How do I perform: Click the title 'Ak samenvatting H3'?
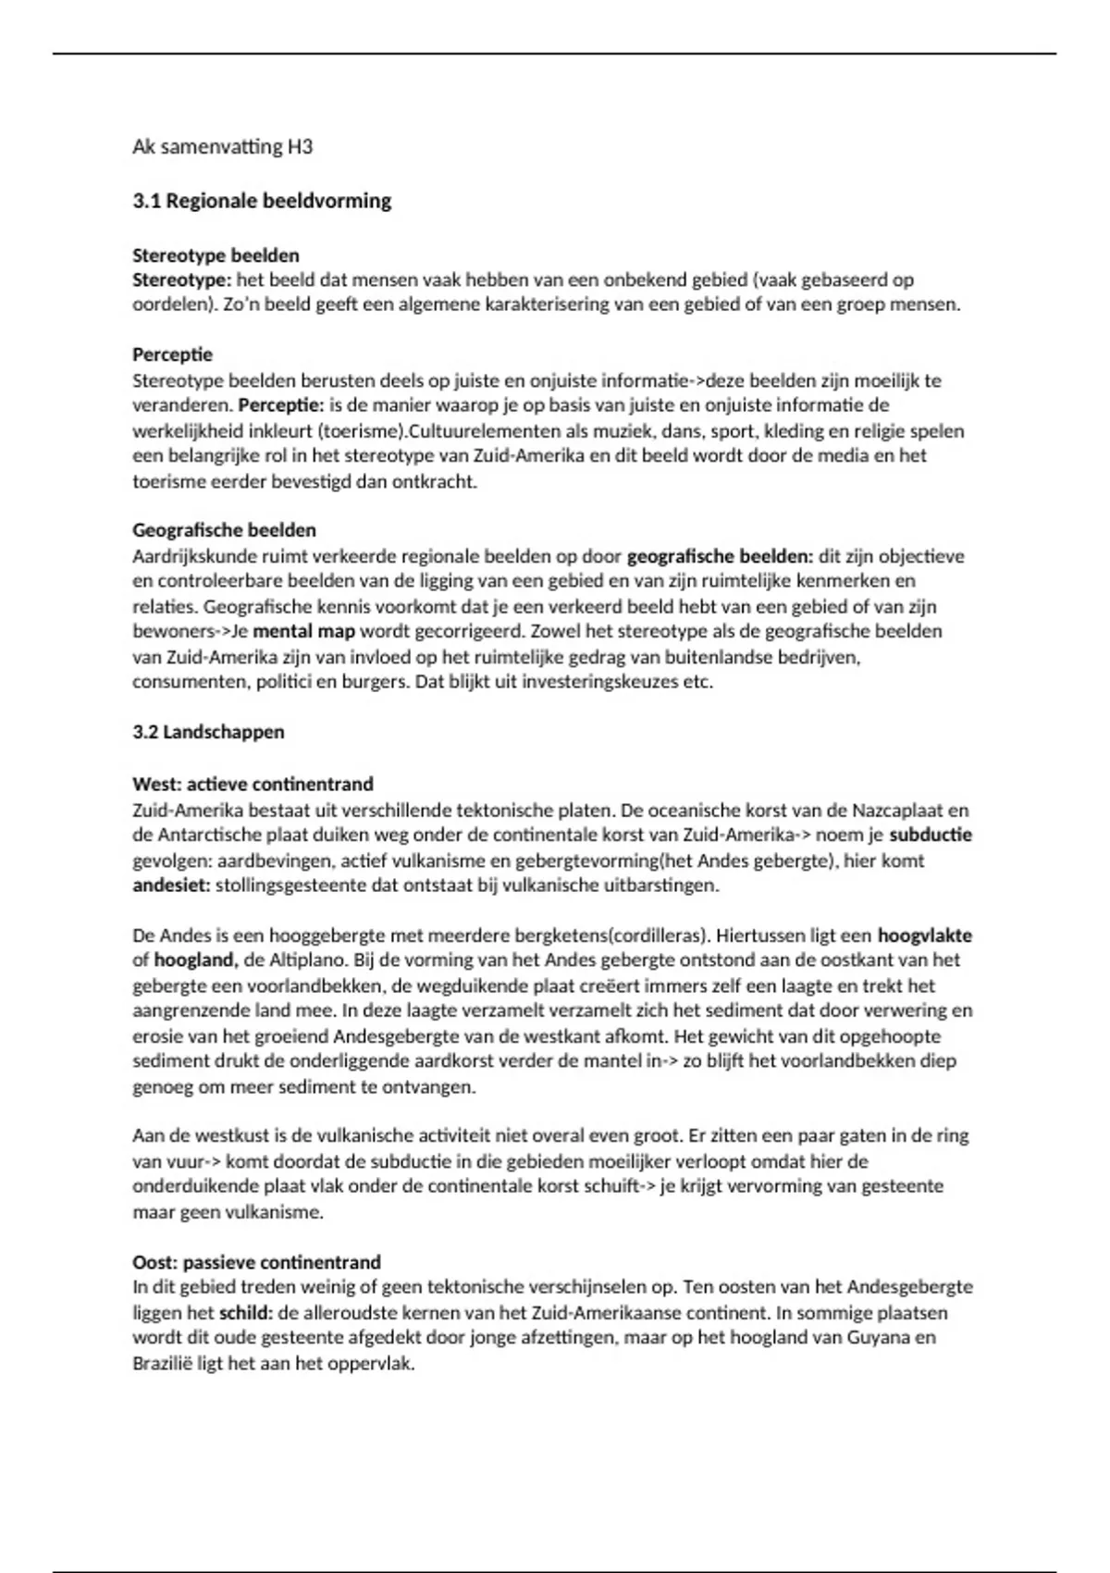pos(222,146)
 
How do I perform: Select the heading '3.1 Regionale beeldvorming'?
pos(262,201)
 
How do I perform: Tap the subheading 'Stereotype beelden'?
pos(216,254)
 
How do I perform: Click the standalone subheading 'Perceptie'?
pos(172,354)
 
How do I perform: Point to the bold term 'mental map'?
pos(303,632)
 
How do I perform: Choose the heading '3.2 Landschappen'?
pos(208,732)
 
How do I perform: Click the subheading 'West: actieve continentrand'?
pos(253,784)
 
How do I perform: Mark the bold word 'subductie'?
pos(930,835)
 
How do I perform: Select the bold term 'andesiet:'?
pos(171,885)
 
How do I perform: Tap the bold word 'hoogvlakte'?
pos(924,935)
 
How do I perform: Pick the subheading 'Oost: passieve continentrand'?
pos(256,1262)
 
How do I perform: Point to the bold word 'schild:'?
pos(245,1312)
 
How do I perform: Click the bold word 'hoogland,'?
pos(194,960)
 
